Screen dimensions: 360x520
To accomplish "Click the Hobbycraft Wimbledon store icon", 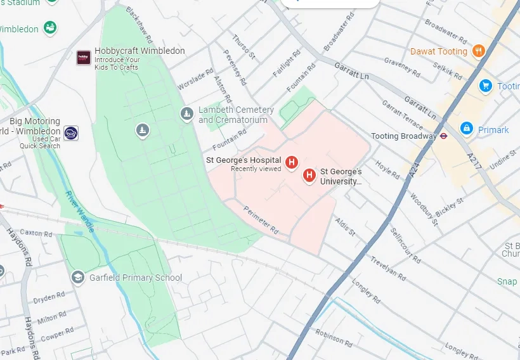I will (x=84, y=58).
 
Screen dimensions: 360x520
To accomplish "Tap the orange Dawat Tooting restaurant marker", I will (x=479, y=51).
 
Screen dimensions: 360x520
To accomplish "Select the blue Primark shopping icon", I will (x=467, y=129).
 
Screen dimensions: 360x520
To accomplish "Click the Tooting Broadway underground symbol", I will (x=443, y=136).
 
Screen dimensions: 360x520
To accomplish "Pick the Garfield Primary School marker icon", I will (x=77, y=277).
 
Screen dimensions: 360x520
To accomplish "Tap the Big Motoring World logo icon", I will (x=72, y=133).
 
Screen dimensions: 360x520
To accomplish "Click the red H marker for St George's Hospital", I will (x=292, y=162).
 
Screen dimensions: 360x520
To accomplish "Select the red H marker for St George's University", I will (x=309, y=176).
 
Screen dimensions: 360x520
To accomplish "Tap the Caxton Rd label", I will (x=36, y=233).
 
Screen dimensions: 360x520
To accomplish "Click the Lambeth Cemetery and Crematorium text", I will (x=236, y=115).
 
